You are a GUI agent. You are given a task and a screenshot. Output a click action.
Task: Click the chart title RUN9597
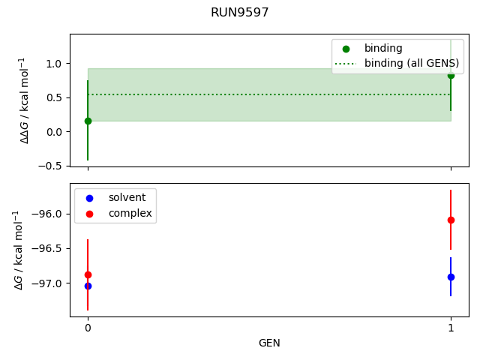pyautogui.click(x=239, y=13)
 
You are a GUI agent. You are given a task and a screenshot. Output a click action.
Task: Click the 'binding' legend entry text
pyautogui.click(x=383, y=49)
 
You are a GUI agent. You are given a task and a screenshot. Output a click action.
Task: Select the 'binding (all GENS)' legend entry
pyautogui.click(x=406, y=63)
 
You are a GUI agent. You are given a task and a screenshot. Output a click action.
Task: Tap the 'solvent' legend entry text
pyautogui.click(x=127, y=197)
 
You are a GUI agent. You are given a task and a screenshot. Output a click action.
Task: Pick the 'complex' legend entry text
pyautogui.click(x=130, y=214)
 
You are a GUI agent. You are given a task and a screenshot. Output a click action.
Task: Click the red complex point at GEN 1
pyautogui.click(x=451, y=220)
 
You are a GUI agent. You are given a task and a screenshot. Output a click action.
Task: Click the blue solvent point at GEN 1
pyautogui.click(x=451, y=277)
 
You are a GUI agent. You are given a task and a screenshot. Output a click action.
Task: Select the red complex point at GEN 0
pyautogui.click(x=88, y=274)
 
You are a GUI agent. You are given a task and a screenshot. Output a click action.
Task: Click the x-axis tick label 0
pyautogui.click(x=88, y=328)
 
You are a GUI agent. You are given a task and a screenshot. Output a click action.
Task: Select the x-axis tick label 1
pyautogui.click(x=451, y=328)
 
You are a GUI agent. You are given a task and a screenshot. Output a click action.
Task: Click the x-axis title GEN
pyautogui.click(x=269, y=343)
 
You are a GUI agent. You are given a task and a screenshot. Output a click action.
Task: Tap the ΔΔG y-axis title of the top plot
pyautogui.click(x=25, y=100)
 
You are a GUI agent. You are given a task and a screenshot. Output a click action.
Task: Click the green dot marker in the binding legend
pyautogui.click(x=345, y=49)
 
